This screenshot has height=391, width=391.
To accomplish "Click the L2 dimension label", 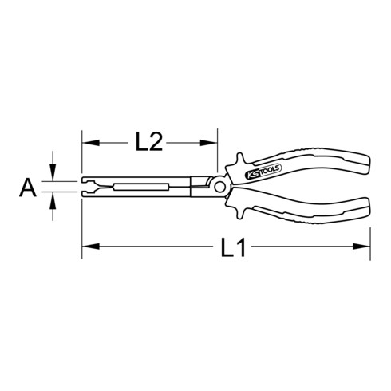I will coord(148,142).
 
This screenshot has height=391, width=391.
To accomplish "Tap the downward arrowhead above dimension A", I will coord(53,176).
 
